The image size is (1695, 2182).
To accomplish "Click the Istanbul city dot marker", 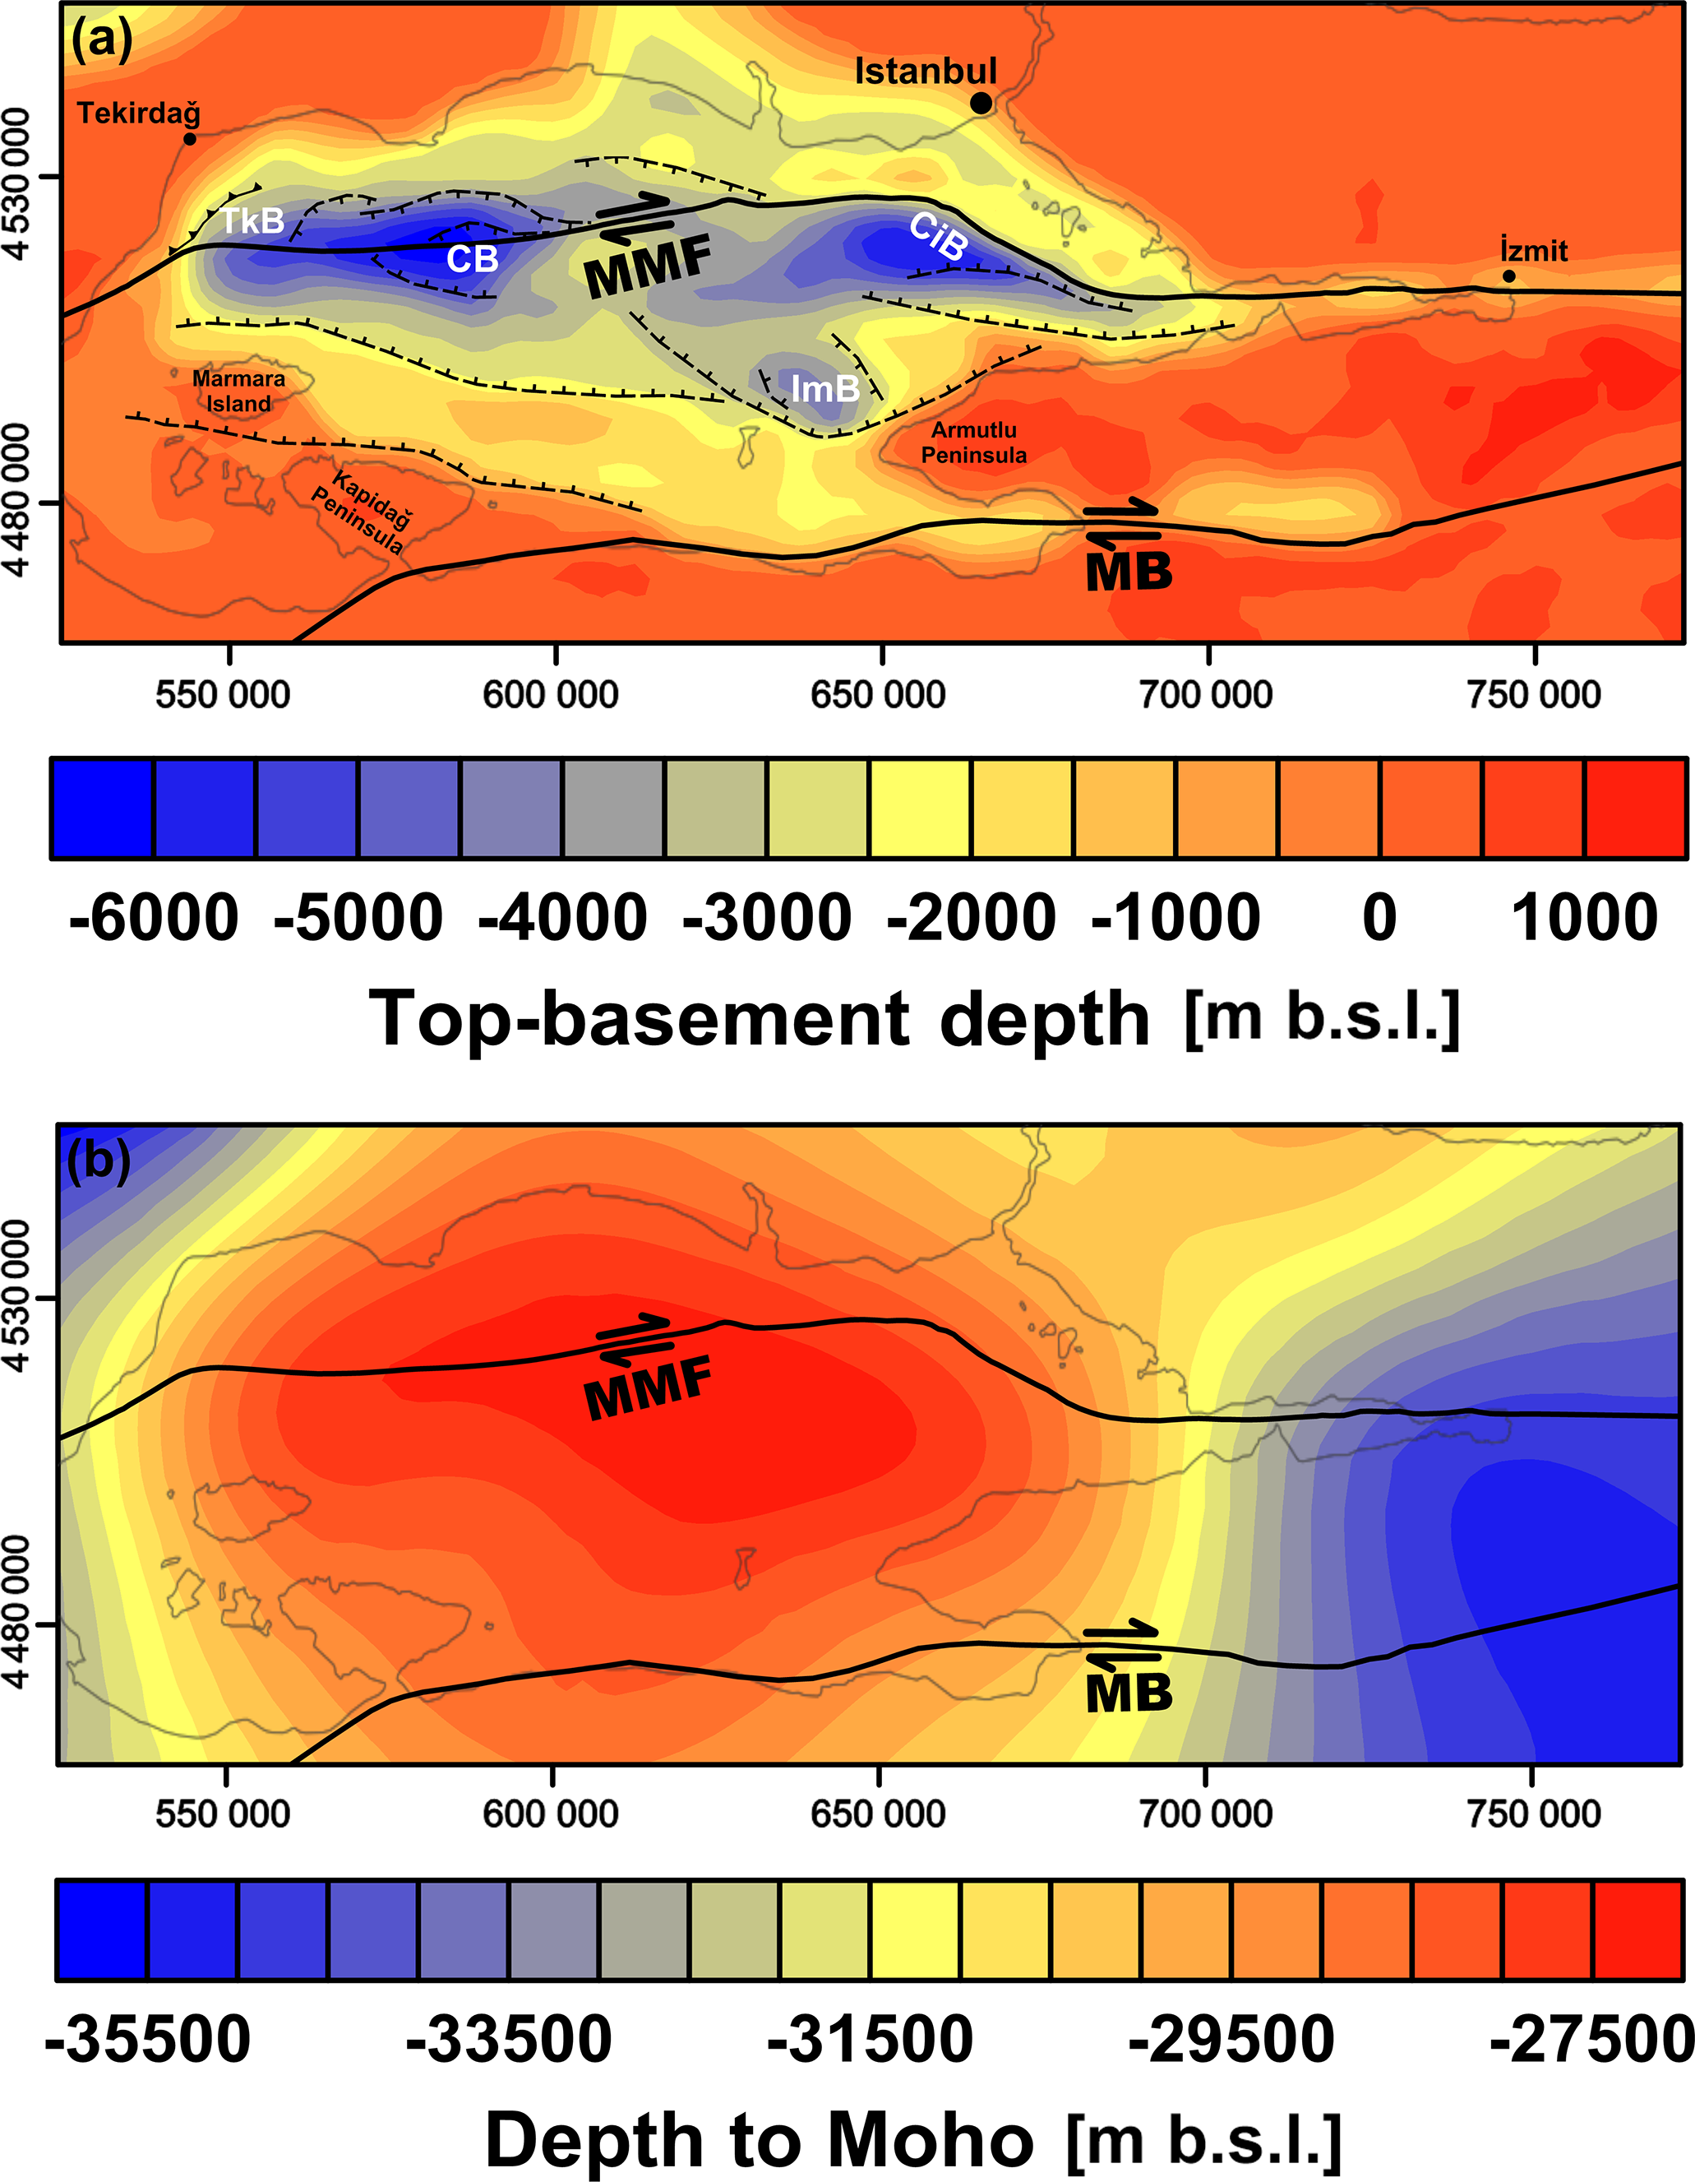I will (x=981, y=103).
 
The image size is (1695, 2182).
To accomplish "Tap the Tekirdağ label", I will (x=139, y=113).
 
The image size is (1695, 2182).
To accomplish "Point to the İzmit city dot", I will (x=1508, y=276).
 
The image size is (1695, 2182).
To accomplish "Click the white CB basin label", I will (x=473, y=260).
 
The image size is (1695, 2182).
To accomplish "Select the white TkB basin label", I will (x=252, y=220).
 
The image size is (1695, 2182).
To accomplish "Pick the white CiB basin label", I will (x=939, y=237).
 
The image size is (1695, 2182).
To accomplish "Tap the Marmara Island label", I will (x=238, y=391).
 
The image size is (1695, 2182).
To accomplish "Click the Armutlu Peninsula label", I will (x=974, y=442).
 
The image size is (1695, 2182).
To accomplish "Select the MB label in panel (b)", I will (x=1129, y=1693).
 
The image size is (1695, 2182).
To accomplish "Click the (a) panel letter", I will (x=101, y=42).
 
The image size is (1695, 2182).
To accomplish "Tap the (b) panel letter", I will (x=98, y=1161).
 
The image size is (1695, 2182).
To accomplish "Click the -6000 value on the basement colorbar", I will (x=154, y=917).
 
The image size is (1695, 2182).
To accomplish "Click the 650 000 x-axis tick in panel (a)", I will (x=878, y=694).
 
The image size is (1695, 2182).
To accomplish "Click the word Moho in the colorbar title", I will (x=930, y=2138).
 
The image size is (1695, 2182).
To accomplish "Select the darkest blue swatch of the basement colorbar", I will (x=102, y=808).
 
